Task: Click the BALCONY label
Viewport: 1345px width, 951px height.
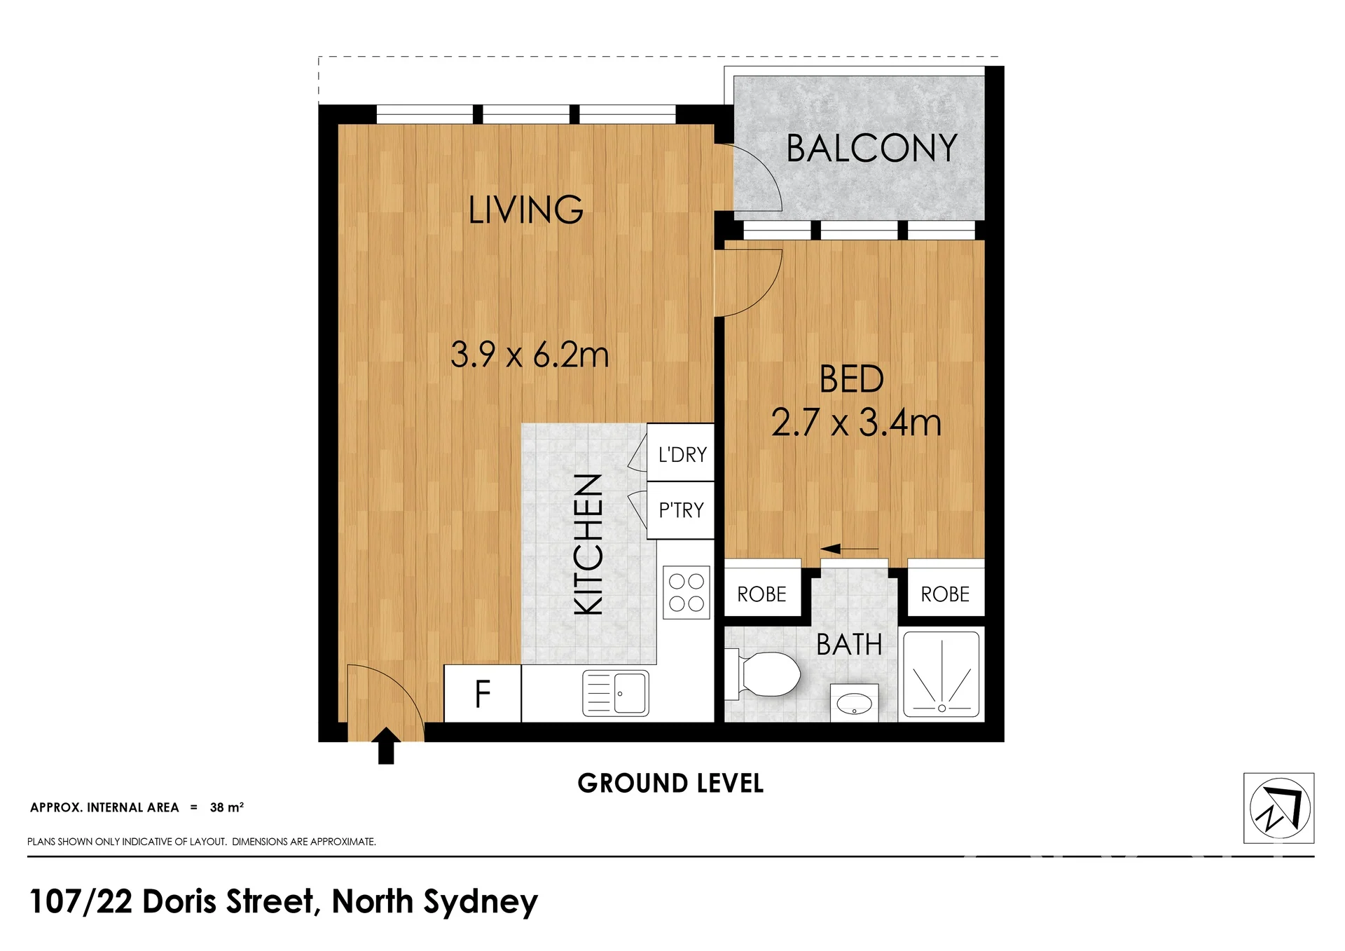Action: coord(871,149)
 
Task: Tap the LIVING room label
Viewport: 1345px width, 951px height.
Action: coord(525,210)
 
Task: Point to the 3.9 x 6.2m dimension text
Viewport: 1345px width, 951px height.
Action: coord(530,355)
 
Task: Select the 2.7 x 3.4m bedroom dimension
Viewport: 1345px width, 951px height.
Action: coord(856,423)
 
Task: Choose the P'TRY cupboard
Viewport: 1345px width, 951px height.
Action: coord(680,510)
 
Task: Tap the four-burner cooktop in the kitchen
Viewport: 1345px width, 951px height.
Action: coord(687,592)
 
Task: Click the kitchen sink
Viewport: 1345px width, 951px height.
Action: coord(616,693)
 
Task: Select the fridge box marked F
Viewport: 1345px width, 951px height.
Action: coord(483,694)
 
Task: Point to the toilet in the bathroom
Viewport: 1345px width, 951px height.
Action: coord(763,674)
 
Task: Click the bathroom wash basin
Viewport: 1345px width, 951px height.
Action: coord(854,703)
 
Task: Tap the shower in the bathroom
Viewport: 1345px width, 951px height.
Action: coord(941,674)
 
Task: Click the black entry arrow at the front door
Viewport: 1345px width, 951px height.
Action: coord(386,746)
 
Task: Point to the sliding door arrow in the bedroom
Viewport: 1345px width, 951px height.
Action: coord(849,549)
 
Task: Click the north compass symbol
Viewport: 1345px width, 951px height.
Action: coord(1279,808)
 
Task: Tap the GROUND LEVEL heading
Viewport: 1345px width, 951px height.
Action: coord(670,784)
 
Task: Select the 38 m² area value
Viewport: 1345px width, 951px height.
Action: coord(227,807)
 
